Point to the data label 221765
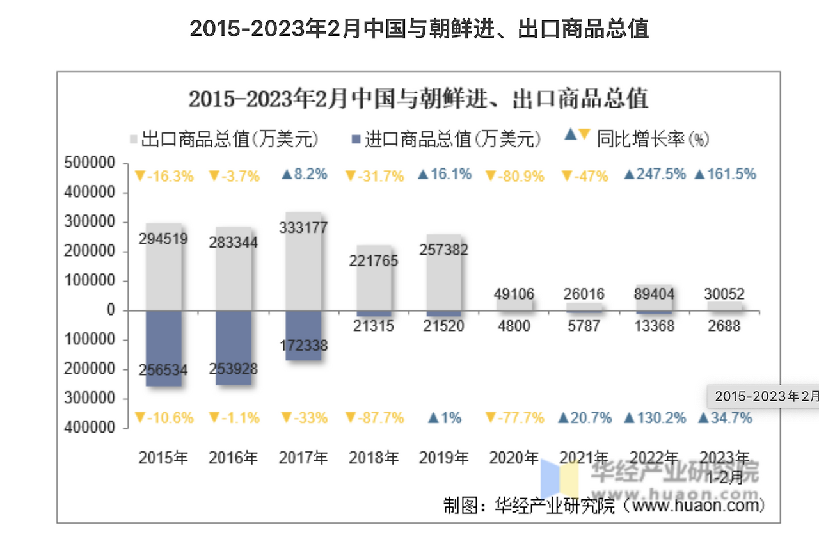(374, 260)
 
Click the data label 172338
(303, 346)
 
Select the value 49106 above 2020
(514, 294)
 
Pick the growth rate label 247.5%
(654, 174)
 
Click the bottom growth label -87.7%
(374, 418)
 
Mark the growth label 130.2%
(654, 418)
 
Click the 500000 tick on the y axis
(90, 163)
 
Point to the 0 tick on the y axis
(110, 310)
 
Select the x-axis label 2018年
(374, 458)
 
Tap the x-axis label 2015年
(163, 458)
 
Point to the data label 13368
(654, 326)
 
